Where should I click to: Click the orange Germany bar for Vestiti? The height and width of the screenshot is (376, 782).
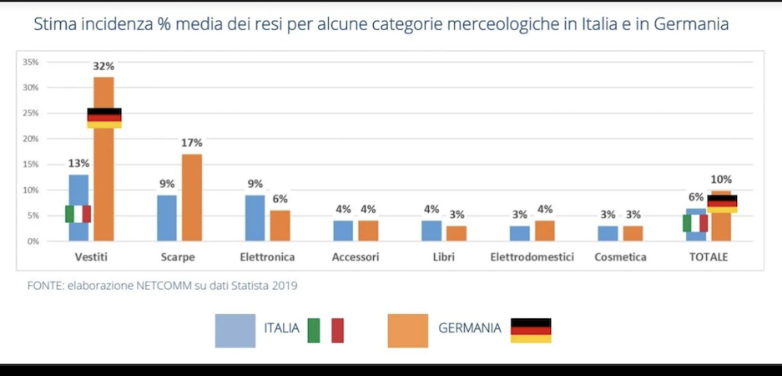pyautogui.click(x=104, y=167)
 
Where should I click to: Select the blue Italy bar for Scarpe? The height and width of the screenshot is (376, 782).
pyautogui.click(x=167, y=218)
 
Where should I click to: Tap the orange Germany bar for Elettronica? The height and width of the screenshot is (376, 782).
pyautogui.click(x=280, y=226)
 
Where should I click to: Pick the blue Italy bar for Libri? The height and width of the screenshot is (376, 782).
pyautogui.click(x=431, y=231)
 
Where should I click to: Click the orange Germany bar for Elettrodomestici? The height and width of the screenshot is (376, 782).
pyautogui.click(x=545, y=231)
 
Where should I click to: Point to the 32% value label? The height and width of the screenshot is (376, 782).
pyautogui.click(x=104, y=67)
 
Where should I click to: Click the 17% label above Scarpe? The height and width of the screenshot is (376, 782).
pyautogui.click(x=192, y=144)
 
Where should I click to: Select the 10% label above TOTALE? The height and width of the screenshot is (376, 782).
pyautogui.click(x=721, y=180)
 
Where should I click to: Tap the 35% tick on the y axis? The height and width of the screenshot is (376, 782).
pyautogui.click(x=30, y=63)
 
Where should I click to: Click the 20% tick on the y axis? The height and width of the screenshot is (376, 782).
pyautogui.click(x=30, y=139)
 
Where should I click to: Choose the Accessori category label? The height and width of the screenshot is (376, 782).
pyautogui.click(x=356, y=257)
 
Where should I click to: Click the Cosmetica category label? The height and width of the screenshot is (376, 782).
pyautogui.click(x=620, y=257)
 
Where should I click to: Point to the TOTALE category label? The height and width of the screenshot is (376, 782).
pyautogui.click(x=708, y=257)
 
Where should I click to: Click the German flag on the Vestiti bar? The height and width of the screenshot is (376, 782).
pyautogui.click(x=104, y=118)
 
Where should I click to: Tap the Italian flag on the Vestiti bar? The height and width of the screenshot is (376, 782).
pyautogui.click(x=78, y=214)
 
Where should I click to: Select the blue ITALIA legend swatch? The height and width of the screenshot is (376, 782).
pyautogui.click(x=235, y=329)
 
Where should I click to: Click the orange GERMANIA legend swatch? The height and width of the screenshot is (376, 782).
pyautogui.click(x=408, y=329)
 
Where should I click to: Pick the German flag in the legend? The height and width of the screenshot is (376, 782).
pyautogui.click(x=531, y=330)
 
